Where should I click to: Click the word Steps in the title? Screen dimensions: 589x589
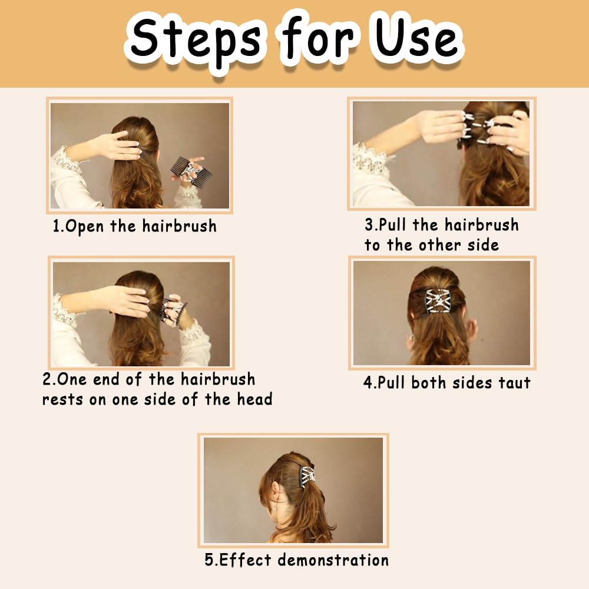coord(196,42)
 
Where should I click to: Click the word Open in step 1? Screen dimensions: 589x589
coord(84,227)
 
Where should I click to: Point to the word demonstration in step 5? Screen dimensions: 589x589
coord(333,560)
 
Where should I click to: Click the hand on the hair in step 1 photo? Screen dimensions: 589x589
coord(118,145)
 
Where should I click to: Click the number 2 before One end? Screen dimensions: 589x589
coord(47,379)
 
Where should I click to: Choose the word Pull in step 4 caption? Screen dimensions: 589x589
coord(392,383)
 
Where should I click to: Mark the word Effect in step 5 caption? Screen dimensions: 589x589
coord(245,560)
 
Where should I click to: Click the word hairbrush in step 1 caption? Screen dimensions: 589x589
coord(179,227)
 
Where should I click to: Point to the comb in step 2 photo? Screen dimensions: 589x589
coord(174,310)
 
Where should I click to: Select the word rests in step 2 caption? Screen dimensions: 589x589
coord(62,400)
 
